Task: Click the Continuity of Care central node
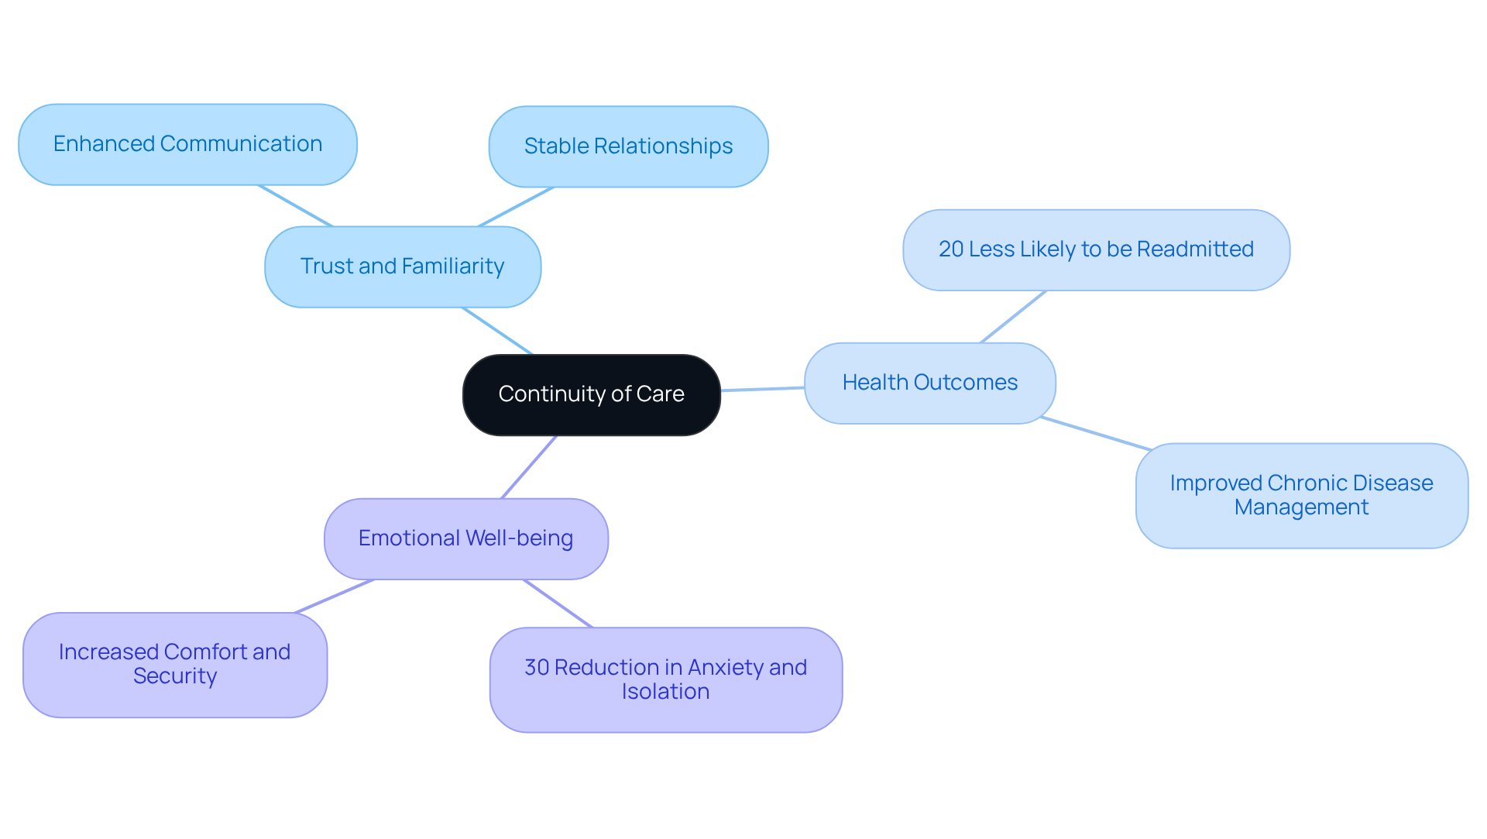coord(591,394)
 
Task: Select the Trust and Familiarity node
coord(402,266)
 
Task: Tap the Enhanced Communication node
coord(187,144)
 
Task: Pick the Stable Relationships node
coord(628,146)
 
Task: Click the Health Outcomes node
coord(929,383)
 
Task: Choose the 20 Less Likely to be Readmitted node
coord(1096,249)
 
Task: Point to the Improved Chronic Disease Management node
coord(1301,495)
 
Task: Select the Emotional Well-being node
coord(465,538)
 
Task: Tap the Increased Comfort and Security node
coord(174,664)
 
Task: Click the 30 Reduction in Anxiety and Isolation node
coord(665,679)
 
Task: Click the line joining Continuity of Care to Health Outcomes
coord(763,389)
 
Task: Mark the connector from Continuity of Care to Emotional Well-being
coord(529,467)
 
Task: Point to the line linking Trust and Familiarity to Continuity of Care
coord(497,331)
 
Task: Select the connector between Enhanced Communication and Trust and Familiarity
coord(296,206)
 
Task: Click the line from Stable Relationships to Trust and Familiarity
coord(516,207)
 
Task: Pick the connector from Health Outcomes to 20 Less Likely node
coord(1013,317)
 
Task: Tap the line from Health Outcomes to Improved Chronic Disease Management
coord(1096,433)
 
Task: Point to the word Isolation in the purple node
coord(665,692)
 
